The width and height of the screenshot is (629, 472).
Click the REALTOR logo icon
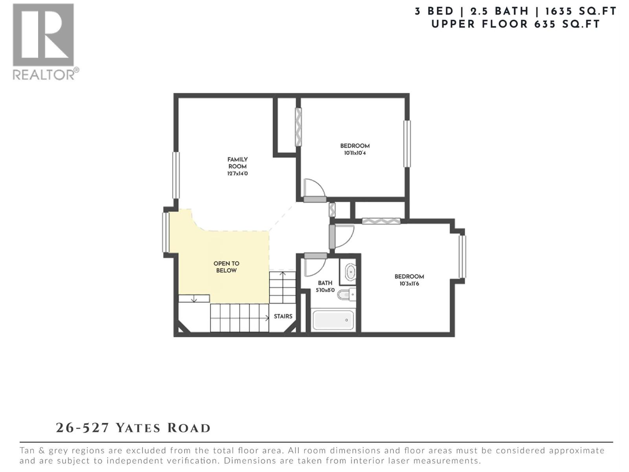[x=43, y=35]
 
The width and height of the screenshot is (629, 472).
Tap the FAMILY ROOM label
[x=237, y=163]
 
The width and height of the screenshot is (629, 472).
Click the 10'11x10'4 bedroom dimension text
[x=355, y=153]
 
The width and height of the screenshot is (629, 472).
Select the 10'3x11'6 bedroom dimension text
[x=409, y=284]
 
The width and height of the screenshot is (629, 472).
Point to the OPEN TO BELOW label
[x=226, y=267]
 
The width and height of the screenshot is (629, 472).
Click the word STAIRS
[x=283, y=316]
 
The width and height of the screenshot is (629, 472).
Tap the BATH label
[x=325, y=283]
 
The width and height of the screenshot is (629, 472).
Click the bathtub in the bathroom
[x=333, y=320]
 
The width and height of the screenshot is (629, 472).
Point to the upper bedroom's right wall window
[x=407, y=144]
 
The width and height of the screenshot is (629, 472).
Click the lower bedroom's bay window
[x=462, y=256]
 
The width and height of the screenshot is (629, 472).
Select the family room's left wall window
[x=176, y=175]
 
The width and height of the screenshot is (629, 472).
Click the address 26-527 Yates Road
[x=133, y=428]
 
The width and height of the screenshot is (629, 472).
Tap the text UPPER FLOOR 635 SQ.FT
[x=516, y=24]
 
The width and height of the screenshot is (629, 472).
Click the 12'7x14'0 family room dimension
[x=237, y=173]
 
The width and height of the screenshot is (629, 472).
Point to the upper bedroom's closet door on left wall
[x=298, y=127]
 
